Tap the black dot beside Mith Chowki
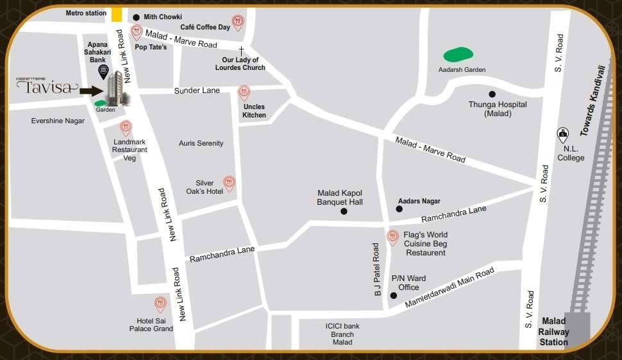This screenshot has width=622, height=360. click(x=136, y=17)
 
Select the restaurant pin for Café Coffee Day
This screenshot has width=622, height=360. click(x=238, y=23)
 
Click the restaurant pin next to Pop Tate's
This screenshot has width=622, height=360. click(x=136, y=32)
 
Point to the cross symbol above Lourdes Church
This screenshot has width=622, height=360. click(x=242, y=50)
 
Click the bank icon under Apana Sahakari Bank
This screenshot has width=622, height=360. click(x=103, y=70)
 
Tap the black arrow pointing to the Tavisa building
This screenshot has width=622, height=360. click(x=91, y=91)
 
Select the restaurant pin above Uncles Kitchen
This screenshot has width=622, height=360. click(x=244, y=93)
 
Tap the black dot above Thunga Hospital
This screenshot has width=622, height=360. click(x=492, y=94)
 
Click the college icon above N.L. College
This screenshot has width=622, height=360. click(x=563, y=134)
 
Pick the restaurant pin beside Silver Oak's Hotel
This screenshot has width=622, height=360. click(x=229, y=184)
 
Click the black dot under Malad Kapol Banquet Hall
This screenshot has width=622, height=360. click(x=344, y=211)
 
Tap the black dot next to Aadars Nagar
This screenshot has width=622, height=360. click(x=399, y=209)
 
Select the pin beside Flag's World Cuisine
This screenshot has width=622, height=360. click(x=393, y=237)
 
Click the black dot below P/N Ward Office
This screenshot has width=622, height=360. click(x=394, y=295)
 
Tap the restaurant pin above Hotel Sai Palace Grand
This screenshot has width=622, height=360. click(x=160, y=304)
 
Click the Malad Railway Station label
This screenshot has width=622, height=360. click(x=554, y=332)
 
